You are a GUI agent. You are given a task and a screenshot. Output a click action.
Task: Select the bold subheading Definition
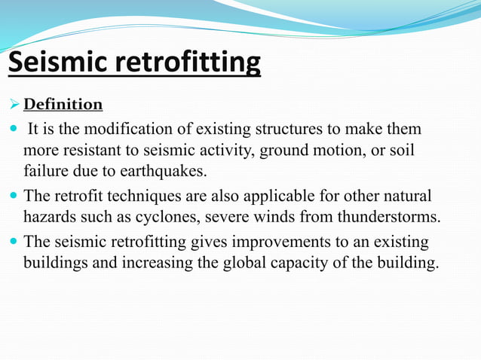63,104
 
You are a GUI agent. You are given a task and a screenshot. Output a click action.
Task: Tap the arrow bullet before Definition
14,104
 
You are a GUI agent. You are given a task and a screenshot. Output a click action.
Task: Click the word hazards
47,218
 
